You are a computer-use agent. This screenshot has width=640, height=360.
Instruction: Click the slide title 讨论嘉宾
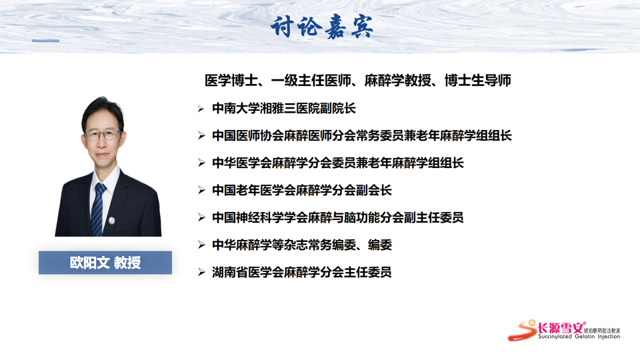point(321,27)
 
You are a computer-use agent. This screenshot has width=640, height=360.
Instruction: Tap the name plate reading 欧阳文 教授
point(105,263)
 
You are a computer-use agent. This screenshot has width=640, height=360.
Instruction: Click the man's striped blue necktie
point(97,209)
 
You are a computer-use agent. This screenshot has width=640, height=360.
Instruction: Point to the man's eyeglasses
point(103,134)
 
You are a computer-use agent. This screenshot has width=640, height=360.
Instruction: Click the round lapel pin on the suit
point(112,221)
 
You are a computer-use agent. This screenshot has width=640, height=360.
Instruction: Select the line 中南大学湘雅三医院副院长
point(284,108)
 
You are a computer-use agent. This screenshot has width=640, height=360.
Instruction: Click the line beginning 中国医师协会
point(361,135)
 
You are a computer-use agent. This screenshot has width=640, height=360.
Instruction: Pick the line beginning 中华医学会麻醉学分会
point(337,163)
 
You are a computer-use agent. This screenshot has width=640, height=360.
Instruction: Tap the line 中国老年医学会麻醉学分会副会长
point(301,190)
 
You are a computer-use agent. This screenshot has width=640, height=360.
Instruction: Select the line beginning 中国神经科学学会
point(337,217)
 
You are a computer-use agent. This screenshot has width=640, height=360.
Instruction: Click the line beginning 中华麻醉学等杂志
point(301,245)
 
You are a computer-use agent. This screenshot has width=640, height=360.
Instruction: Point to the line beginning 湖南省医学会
point(301,272)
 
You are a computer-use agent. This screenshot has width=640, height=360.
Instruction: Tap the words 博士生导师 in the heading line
point(478,81)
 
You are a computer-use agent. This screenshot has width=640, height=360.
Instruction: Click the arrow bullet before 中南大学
point(201,109)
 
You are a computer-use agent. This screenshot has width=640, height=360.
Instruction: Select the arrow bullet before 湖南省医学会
point(201,272)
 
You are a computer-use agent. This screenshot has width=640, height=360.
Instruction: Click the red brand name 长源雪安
point(561,327)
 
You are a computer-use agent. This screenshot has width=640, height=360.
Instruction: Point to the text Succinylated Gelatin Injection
point(579,337)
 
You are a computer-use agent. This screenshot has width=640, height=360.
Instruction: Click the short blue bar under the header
point(46,41)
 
